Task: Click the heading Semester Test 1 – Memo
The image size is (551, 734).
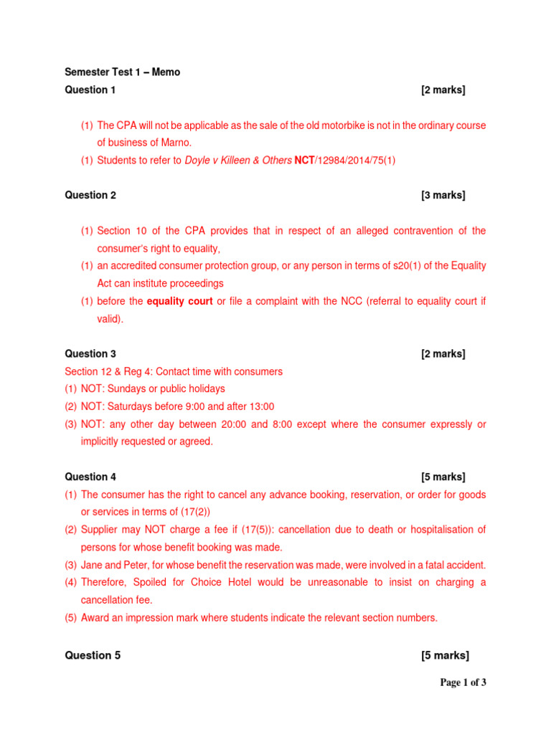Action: (123, 72)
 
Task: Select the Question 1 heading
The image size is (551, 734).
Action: (90, 90)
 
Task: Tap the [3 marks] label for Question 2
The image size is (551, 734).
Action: (443, 195)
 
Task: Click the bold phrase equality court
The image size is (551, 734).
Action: (179, 301)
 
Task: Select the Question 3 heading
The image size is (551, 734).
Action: (90, 353)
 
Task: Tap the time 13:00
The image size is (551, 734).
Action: (260, 406)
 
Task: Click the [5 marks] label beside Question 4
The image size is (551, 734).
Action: (443, 477)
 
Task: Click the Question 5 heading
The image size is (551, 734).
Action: (93, 656)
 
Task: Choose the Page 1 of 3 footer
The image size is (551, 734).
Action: (463, 682)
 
